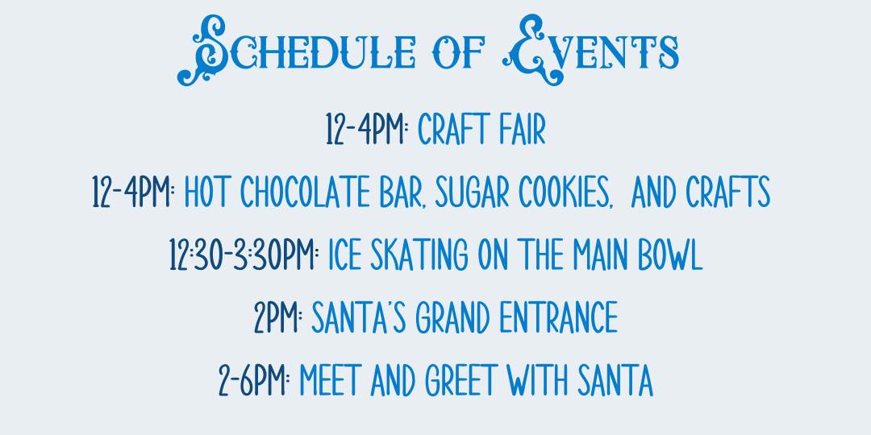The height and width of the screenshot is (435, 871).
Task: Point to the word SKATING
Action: tap(420, 256)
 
